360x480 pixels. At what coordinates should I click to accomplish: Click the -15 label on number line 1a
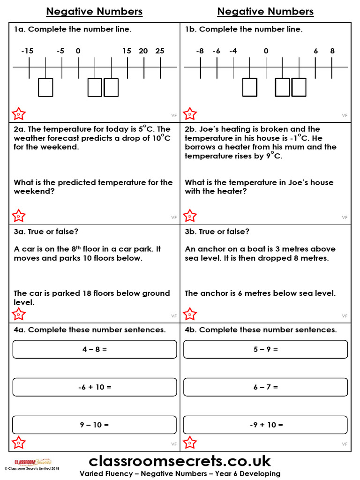27,51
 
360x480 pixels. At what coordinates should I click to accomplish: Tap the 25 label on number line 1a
160,51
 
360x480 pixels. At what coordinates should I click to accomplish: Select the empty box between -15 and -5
45,88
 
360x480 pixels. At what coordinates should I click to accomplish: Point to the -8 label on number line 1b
200,51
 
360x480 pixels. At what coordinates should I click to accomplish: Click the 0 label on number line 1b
266,51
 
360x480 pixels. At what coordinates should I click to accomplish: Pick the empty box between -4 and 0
250,88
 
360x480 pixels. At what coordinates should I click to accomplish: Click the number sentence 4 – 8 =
95,349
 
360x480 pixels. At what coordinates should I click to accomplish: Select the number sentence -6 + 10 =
95,387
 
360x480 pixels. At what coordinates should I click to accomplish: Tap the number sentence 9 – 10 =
95,425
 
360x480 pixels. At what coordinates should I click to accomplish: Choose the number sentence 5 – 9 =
266,349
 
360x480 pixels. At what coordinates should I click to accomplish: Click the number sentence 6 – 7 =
266,387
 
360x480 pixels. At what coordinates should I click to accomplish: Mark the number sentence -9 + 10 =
266,425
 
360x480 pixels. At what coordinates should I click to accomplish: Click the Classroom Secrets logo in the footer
33,462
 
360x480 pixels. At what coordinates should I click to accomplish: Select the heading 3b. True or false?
217,232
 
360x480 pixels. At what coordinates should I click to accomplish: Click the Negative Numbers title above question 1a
94,12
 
